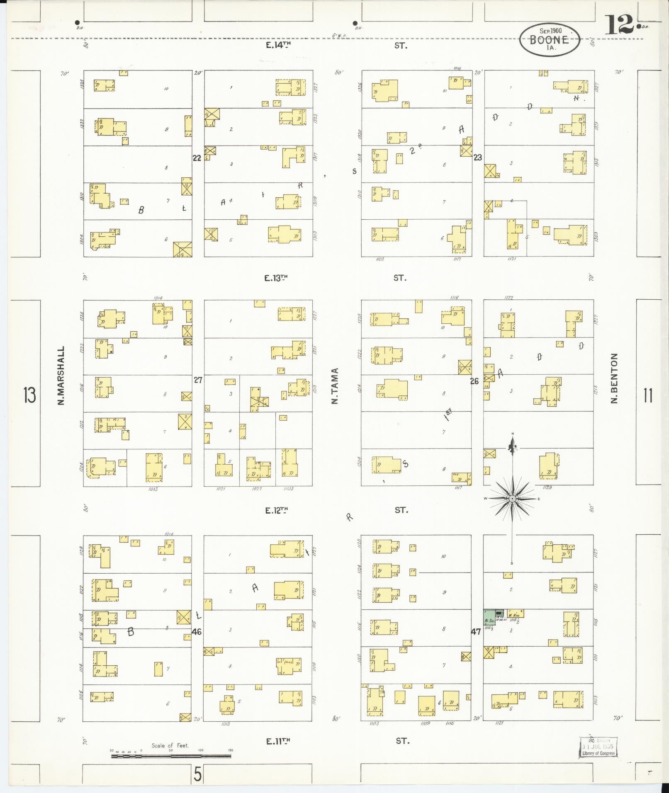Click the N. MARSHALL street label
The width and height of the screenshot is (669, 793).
pos(61,376)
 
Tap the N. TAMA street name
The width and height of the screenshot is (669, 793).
pos(335,386)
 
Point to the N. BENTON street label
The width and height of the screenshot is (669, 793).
pos(614,378)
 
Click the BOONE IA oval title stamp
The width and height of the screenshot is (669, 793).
pos(549,40)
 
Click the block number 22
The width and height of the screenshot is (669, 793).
pos(197,158)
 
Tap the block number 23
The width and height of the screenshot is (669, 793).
pos(478,158)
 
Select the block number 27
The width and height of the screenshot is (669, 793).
pos(198,380)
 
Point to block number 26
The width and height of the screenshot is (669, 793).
pos(474,381)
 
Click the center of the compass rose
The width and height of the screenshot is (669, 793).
pos(512,499)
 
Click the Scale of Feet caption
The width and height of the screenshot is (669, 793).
pos(170,745)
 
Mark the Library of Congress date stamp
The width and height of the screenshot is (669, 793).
pos(598,747)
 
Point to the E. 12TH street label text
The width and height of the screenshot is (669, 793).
pos(277,510)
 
